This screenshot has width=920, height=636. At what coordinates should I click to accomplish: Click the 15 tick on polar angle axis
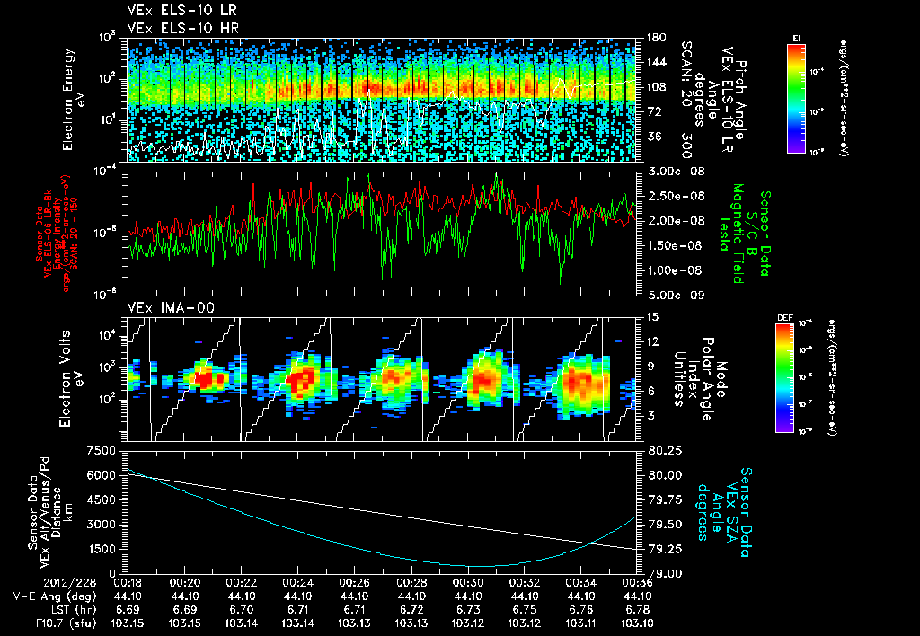(650, 317)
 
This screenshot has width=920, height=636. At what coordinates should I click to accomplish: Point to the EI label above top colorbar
(796, 37)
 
